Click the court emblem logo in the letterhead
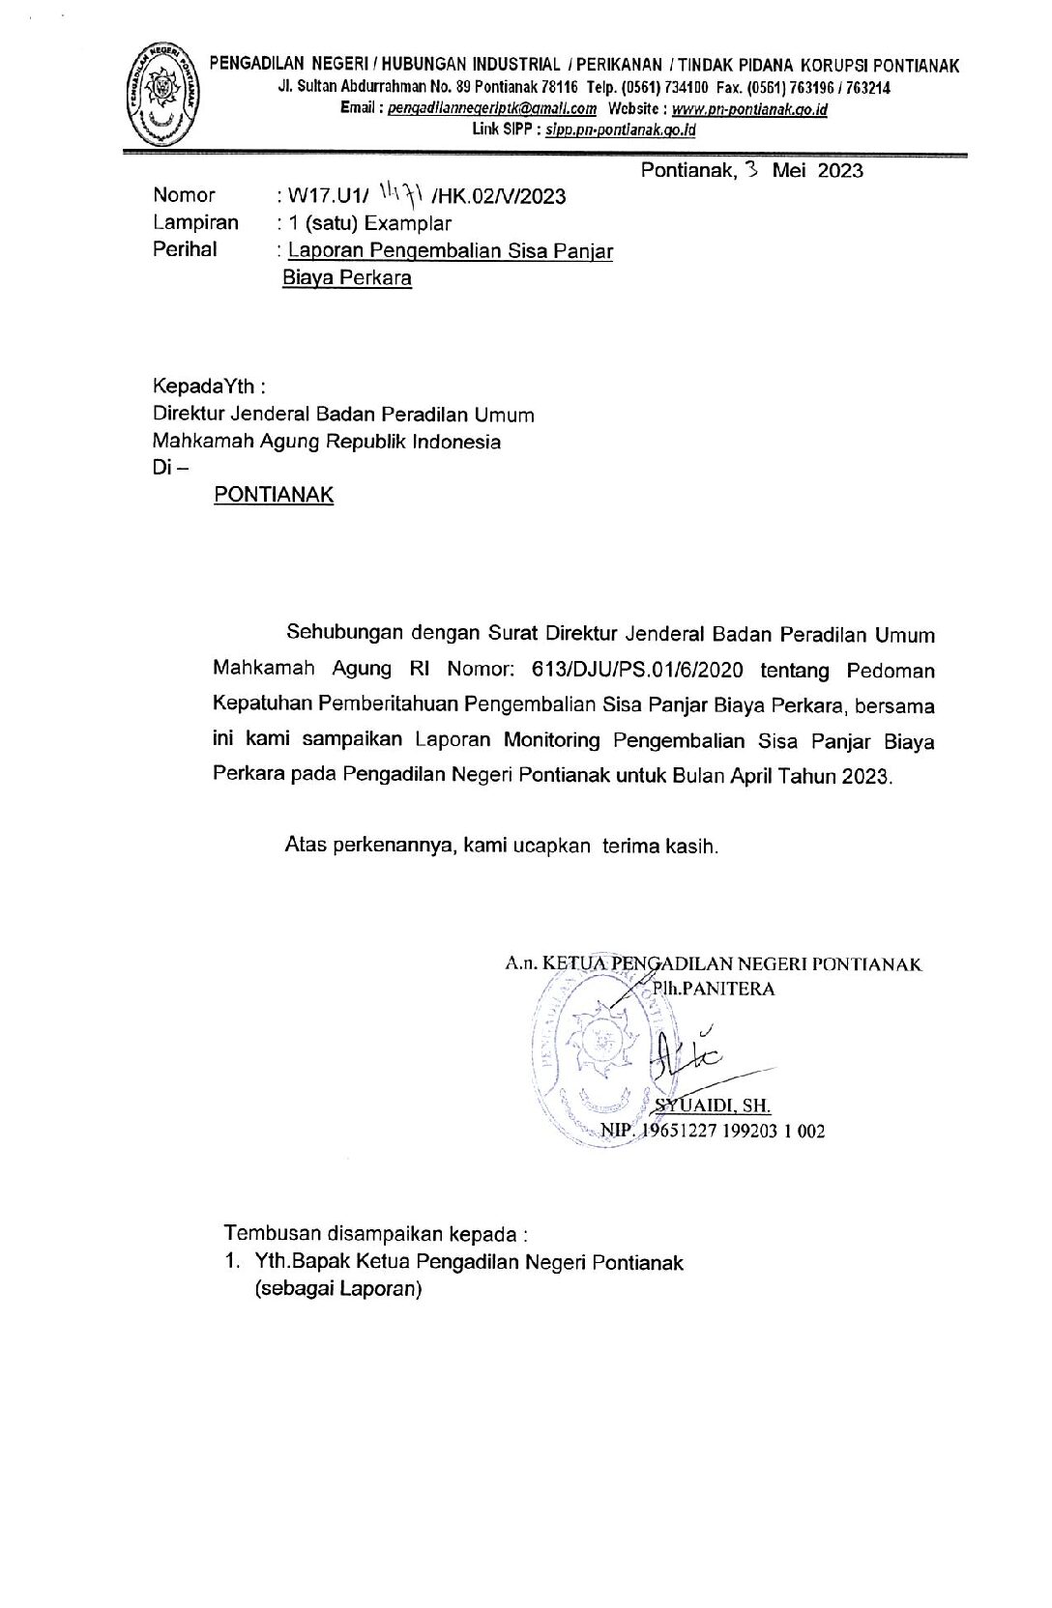[x=163, y=94]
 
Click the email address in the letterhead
[x=492, y=109]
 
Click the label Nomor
[x=184, y=196]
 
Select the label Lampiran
[x=195, y=222]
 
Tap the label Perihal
[x=185, y=248]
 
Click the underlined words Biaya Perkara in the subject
[x=347, y=278]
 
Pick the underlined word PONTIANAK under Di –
[x=274, y=495]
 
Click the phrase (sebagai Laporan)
[x=338, y=1289]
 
